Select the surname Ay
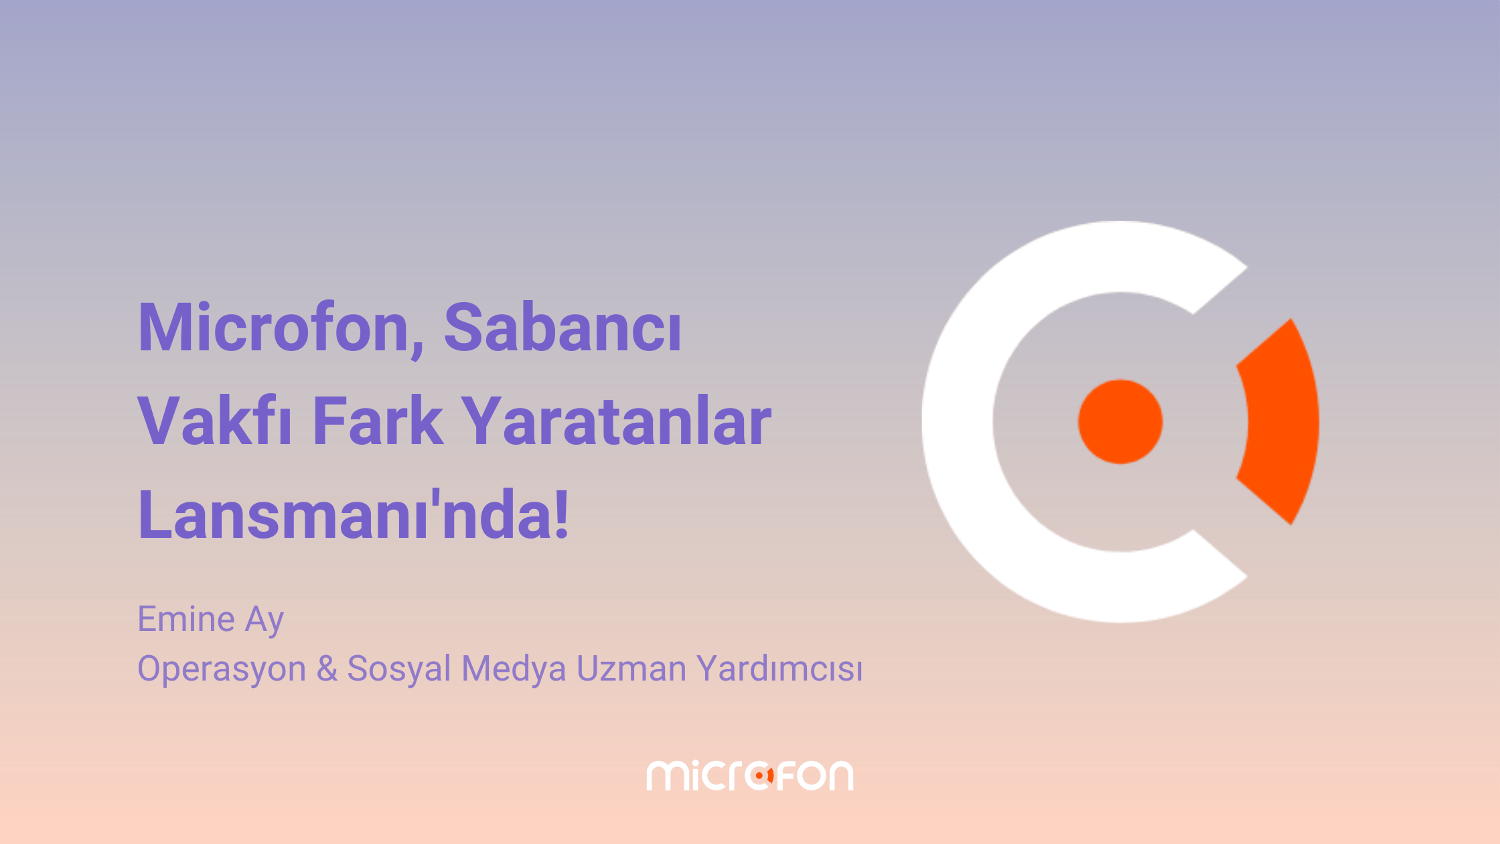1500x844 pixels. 265,621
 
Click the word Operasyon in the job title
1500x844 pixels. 222,670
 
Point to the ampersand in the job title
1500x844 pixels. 327,669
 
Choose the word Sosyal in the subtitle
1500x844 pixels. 399,670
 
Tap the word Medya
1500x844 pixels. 514,670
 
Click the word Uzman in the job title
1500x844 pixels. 631,669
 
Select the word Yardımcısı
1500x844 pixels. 780,669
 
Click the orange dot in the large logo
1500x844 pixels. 1120,422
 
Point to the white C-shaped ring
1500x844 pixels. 958,422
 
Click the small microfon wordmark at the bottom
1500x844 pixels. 750,775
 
